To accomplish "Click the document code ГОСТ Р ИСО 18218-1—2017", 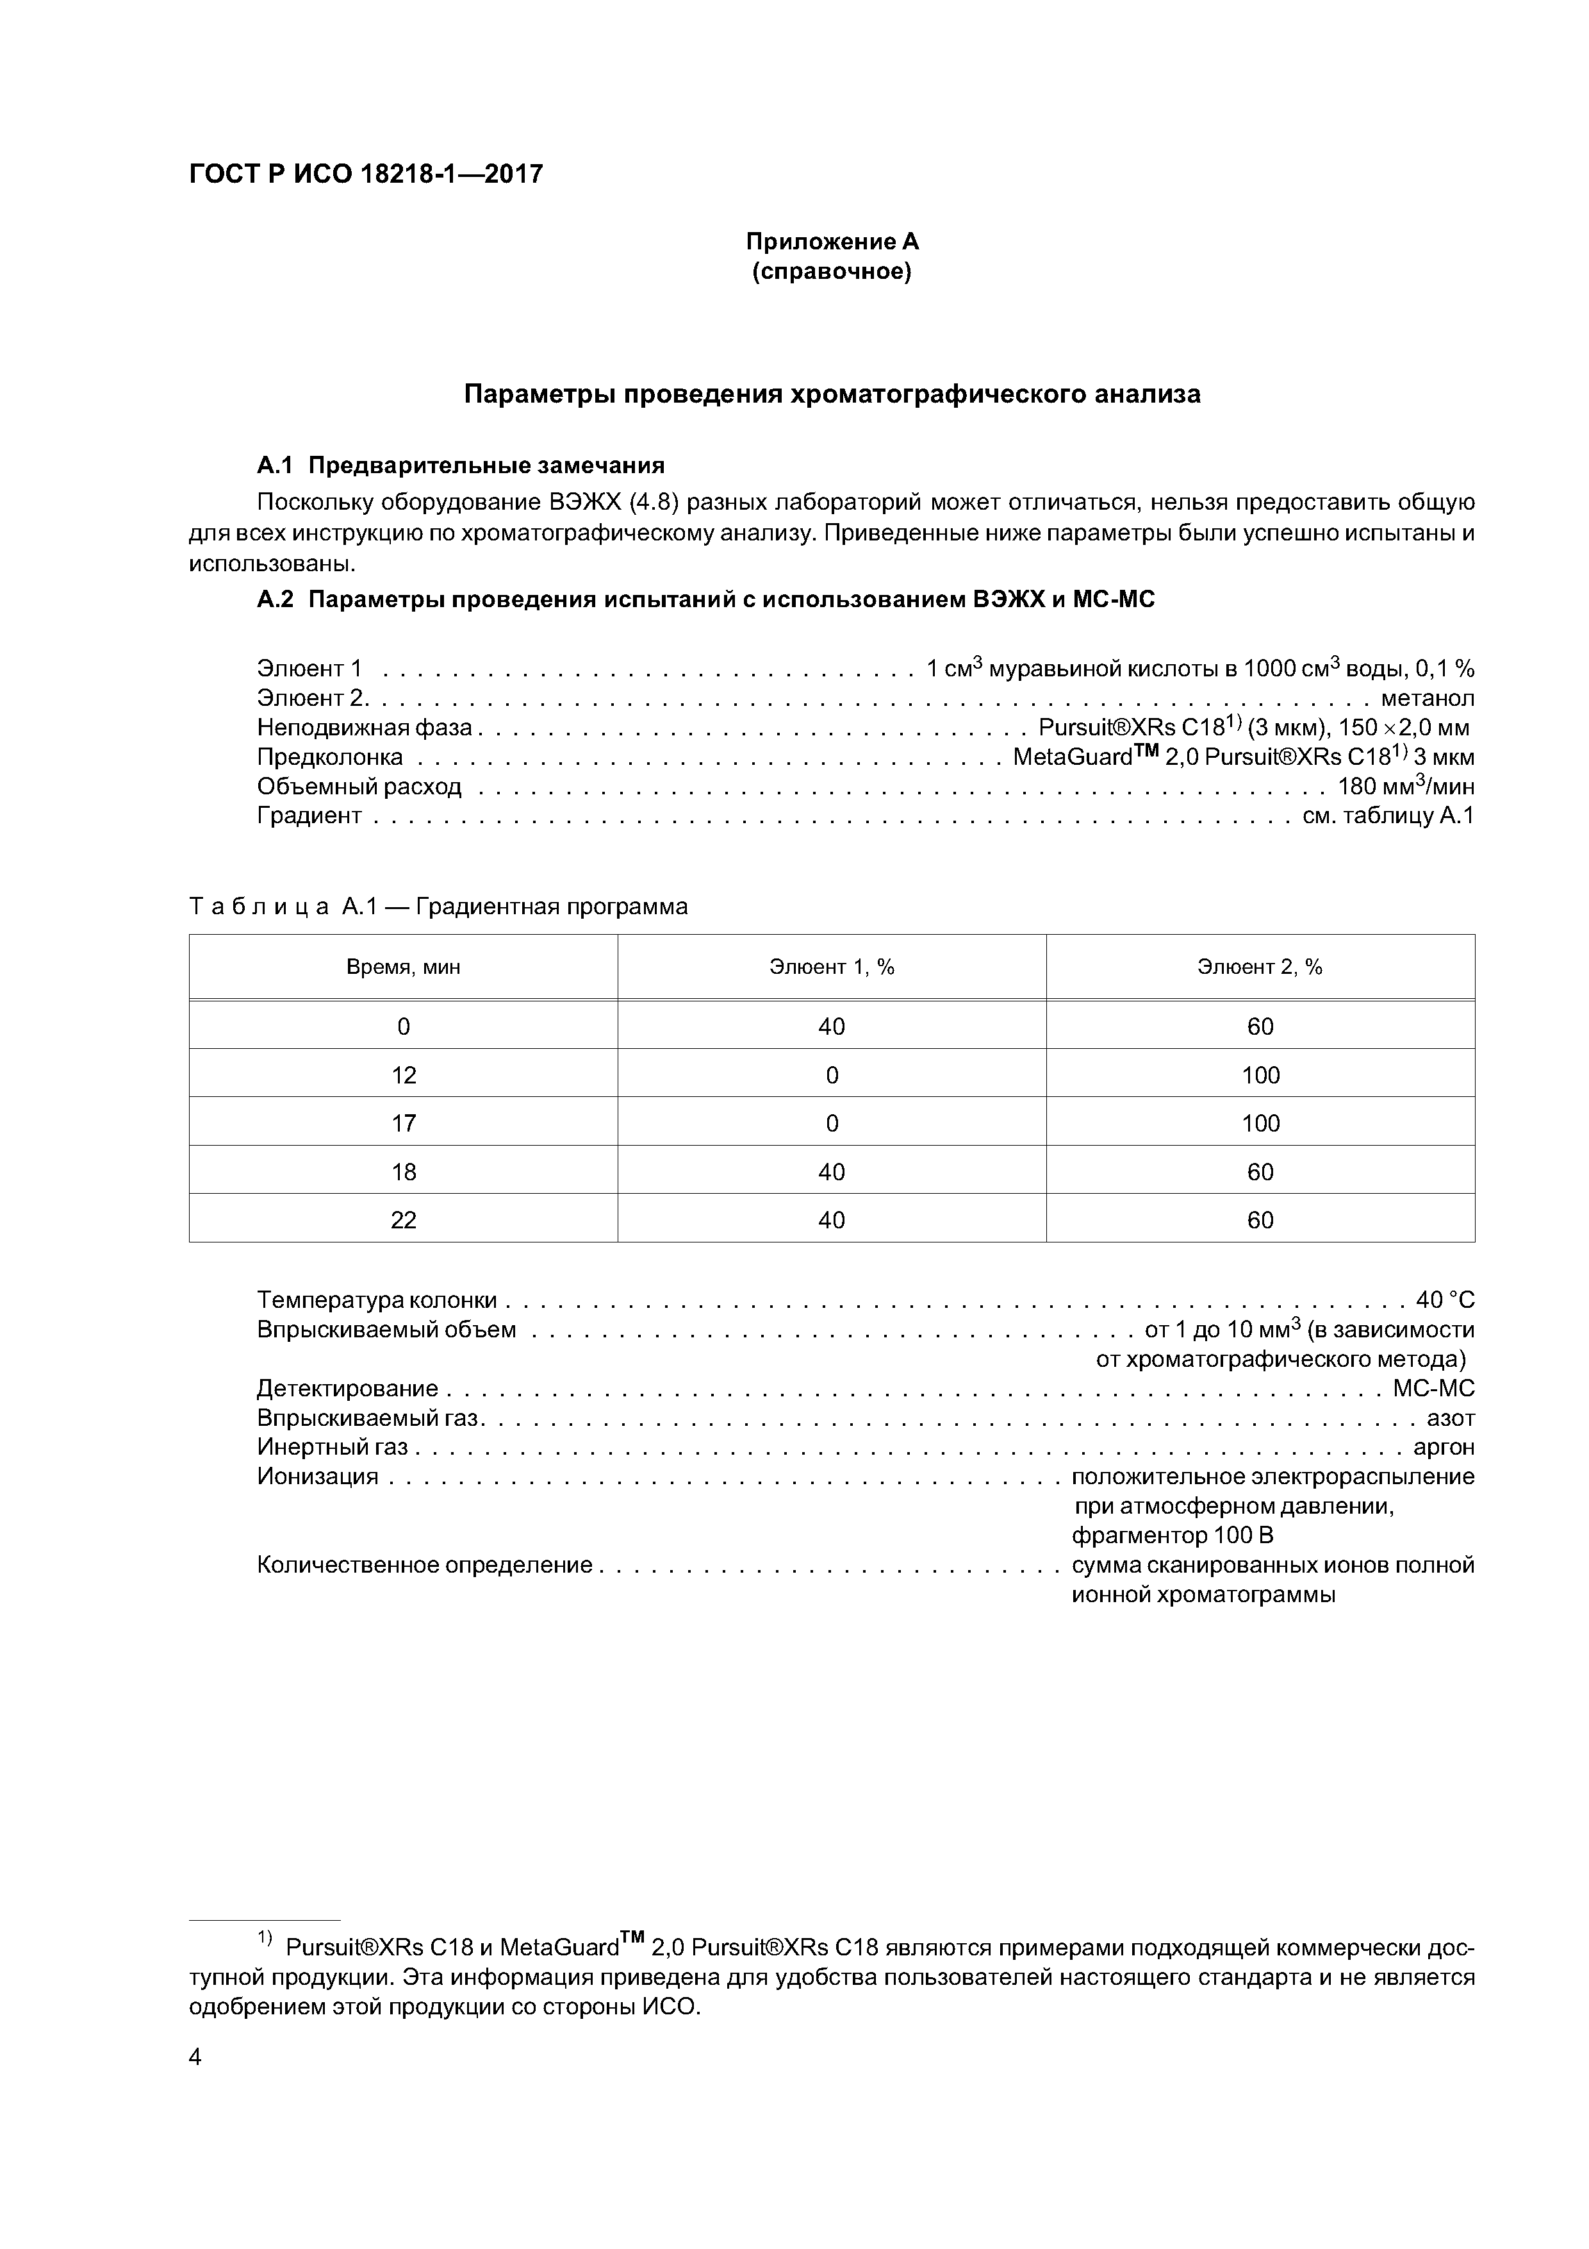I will tap(365, 174).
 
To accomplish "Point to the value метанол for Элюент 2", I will tap(1426, 698).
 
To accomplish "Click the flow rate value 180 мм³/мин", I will tap(1406, 787).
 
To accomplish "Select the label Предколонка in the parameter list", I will tap(330, 757).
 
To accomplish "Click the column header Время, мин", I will tap(404, 967).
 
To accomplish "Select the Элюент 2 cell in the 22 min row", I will tap(1260, 1219).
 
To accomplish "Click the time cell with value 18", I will tap(404, 1171).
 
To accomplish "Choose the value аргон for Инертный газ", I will tap(1444, 1447).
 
